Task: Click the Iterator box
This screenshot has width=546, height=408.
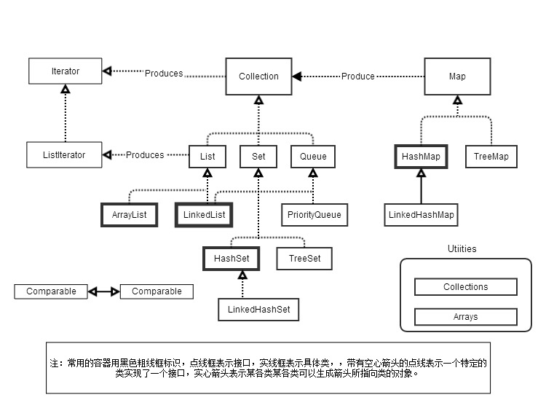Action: (66, 71)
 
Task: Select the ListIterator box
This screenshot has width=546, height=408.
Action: (66, 155)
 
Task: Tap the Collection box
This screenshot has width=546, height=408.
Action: (258, 76)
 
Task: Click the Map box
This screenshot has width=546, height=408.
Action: (456, 76)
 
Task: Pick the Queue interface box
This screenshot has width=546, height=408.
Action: (313, 155)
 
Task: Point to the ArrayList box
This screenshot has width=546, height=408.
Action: (129, 214)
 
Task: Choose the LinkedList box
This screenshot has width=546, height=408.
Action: (205, 214)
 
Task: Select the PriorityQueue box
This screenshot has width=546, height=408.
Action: (313, 215)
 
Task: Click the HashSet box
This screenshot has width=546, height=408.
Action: (232, 258)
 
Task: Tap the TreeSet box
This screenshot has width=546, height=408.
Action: (304, 258)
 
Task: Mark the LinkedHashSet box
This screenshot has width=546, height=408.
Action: (258, 310)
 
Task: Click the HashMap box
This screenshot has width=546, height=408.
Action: (421, 156)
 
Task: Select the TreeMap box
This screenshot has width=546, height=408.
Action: (491, 156)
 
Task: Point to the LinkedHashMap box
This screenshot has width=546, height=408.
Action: (421, 214)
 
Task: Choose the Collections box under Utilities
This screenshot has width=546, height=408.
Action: (465, 287)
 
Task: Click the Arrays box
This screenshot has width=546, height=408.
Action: (465, 317)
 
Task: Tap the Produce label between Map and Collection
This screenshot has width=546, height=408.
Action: (358, 76)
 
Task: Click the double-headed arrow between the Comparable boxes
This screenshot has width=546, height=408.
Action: (103, 291)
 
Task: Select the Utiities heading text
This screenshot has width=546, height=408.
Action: (462, 249)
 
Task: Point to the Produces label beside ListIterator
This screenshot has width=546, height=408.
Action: (145, 155)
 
